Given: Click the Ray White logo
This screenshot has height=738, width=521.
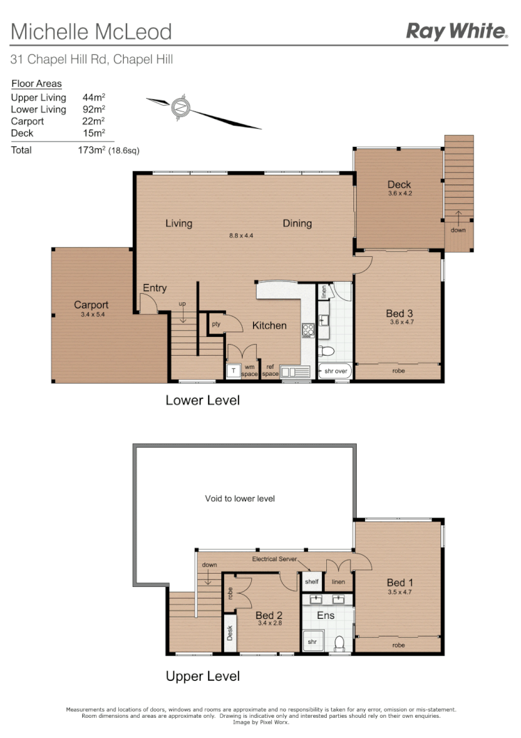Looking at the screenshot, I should [456, 31].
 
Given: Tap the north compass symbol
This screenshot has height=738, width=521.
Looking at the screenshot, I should [181, 108].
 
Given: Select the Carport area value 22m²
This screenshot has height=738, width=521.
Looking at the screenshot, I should [93, 121].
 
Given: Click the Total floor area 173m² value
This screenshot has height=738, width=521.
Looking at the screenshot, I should [91, 150].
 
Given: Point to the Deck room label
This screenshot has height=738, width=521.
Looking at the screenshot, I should [399, 185].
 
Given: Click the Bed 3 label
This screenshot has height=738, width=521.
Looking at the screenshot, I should [399, 314].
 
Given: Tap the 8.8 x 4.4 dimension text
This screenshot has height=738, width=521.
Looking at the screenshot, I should [241, 235].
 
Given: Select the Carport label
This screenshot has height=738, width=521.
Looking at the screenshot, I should [91, 305].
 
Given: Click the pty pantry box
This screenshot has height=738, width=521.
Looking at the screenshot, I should [216, 324].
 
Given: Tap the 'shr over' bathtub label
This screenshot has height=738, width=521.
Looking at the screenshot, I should [335, 372].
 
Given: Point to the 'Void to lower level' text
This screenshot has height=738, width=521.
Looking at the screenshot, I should [240, 498].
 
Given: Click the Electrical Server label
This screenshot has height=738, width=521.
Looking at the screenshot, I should [275, 559].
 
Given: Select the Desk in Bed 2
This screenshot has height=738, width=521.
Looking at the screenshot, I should [230, 633].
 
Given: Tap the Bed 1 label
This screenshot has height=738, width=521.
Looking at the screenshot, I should [400, 583].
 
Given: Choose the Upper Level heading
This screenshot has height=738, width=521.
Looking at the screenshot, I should [202, 676].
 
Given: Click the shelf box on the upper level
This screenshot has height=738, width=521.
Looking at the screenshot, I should [311, 581].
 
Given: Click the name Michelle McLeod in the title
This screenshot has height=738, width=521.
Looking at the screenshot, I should [91, 31].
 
